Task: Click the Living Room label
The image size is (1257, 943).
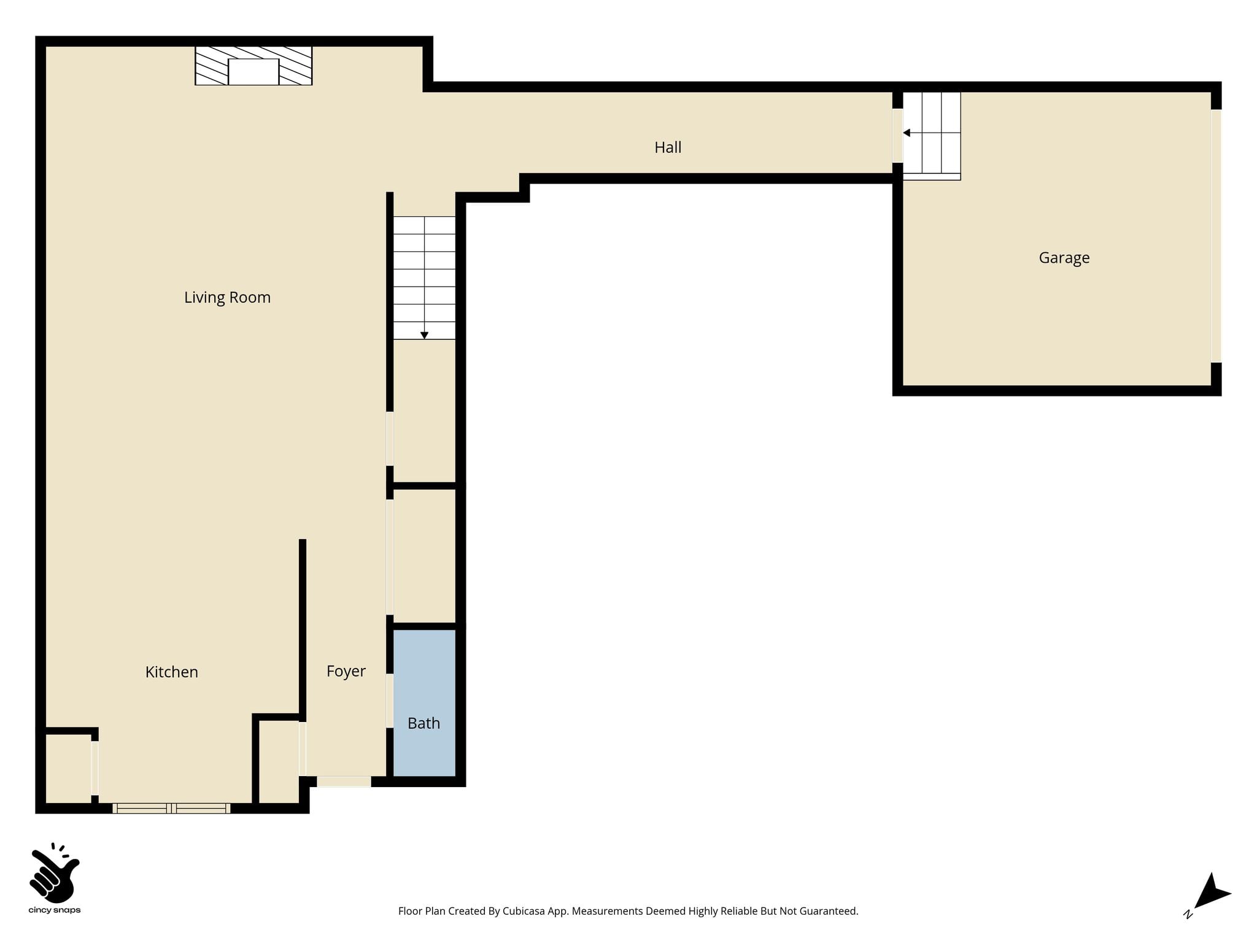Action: (227, 298)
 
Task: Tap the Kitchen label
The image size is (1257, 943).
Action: (172, 672)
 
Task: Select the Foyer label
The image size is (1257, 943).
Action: (346, 672)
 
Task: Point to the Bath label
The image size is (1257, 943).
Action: (424, 723)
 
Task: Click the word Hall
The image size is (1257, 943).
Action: (668, 147)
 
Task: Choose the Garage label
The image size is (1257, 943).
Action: (1064, 258)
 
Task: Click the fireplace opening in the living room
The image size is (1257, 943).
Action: (253, 72)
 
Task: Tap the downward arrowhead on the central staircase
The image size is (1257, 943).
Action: (424, 335)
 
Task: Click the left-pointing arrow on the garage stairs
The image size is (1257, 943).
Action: (907, 133)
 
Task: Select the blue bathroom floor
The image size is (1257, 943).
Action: (424, 703)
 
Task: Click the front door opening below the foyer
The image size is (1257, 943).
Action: (344, 782)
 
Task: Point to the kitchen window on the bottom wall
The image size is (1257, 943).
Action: (172, 809)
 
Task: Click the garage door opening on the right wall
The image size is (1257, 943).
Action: (1216, 236)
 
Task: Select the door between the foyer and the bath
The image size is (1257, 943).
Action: (390, 700)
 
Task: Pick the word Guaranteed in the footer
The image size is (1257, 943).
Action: (827, 912)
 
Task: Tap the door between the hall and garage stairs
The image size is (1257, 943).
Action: (897, 136)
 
